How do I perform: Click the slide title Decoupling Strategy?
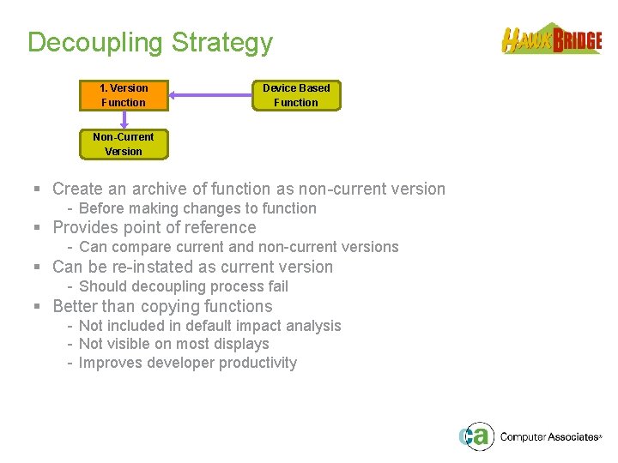[150, 43]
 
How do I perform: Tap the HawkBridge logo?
[551, 39]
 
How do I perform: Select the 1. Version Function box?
[124, 95]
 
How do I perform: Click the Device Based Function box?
[296, 95]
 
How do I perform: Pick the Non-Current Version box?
[124, 144]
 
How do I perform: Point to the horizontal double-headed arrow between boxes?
[210, 95]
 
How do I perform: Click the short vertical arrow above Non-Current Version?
[124, 121]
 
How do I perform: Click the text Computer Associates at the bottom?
[549, 437]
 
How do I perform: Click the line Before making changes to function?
[197, 208]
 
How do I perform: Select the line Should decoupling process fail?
[183, 286]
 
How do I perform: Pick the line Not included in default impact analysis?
[209, 326]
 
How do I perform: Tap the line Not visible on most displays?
[173, 344]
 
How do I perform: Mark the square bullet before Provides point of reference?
[38, 228]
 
